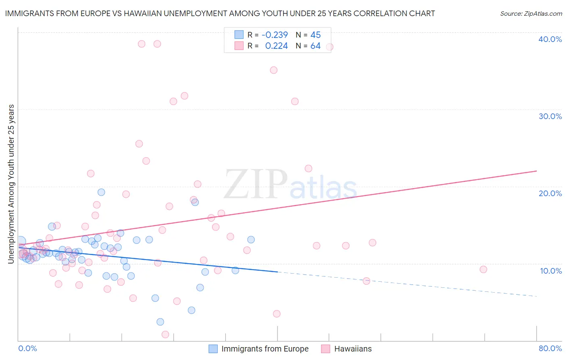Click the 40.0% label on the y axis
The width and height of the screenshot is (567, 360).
coord(550,39)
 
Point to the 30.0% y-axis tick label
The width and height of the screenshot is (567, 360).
coord(550,116)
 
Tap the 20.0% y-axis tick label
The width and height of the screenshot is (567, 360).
coord(550,193)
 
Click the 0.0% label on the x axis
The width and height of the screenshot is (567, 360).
coord(27,348)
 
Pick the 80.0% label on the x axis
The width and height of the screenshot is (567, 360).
coord(550,348)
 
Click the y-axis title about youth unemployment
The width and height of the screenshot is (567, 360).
coord(11,184)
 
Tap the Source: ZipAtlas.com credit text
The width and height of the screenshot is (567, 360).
coord(531,14)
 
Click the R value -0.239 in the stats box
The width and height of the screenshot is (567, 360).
coord(275,35)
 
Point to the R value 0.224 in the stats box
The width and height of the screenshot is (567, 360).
coord(276,46)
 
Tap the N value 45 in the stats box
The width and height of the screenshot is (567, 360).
coord(315,35)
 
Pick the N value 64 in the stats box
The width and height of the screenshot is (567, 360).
coord(315,46)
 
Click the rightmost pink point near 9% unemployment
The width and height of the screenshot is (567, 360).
coord(483,270)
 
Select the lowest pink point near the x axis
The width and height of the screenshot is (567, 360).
coord(165,334)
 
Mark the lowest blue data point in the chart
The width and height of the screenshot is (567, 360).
coord(160,322)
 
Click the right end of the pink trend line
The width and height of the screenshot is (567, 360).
coord(536,171)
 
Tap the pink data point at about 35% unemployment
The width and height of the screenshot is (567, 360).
coord(273,70)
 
